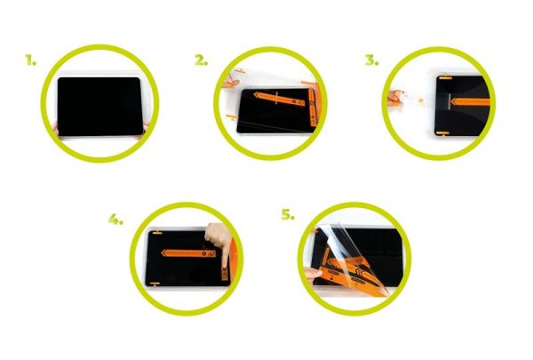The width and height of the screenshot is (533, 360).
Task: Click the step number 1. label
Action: pyautogui.click(x=31, y=62)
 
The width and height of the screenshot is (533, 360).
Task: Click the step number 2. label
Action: pyautogui.click(x=201, y=61)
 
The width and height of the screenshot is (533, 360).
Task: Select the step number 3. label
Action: pyautogui.click(x=370, y=61)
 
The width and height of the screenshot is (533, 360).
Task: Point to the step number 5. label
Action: pyautogui.click(x=287, y=216)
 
